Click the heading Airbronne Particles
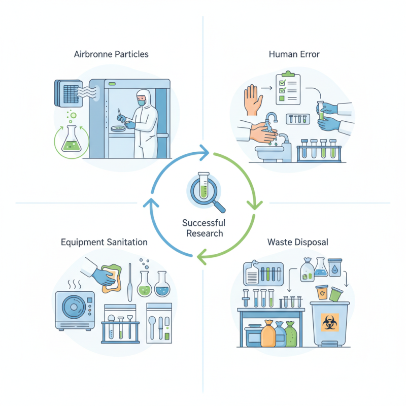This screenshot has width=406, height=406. pos(111,54)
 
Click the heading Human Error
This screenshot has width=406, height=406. pos(294,54)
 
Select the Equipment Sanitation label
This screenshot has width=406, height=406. pos(104,242)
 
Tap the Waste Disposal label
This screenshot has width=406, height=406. pos(297,242)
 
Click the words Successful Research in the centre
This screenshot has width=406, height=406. pos(204,228)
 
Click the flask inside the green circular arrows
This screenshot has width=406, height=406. pos(71,140)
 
